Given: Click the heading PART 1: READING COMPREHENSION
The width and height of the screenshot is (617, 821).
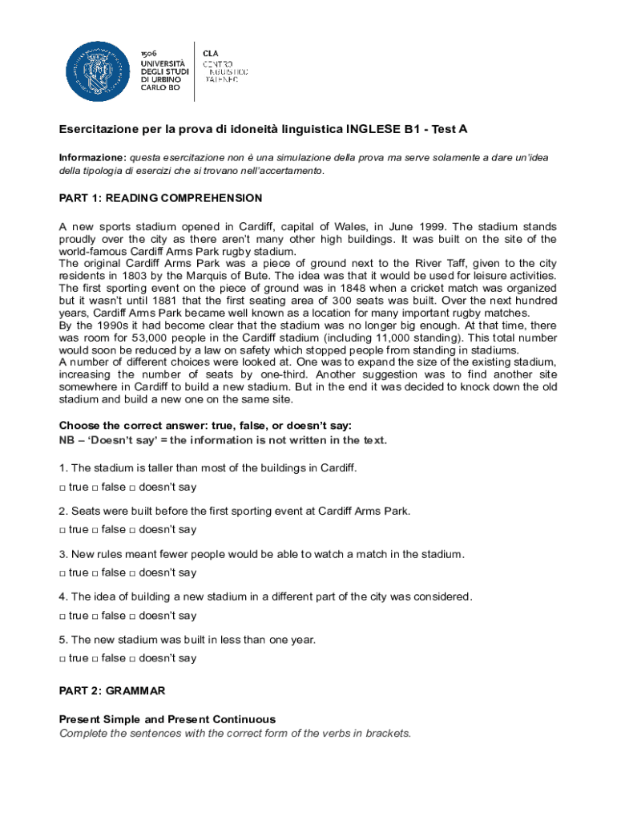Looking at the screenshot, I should [x=160, y=198].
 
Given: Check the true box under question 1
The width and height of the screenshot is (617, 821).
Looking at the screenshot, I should [x=63, y=487].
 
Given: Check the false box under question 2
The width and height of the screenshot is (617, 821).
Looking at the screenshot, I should [x=95, y=530].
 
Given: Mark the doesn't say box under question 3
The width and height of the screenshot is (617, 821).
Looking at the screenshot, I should [x=133, y=573].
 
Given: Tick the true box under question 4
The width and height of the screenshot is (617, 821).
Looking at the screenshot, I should [x=63, y=617].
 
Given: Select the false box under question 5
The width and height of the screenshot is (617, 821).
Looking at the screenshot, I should [x=95, y=659].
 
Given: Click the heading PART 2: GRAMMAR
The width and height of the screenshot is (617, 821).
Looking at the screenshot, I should [x=112, y=690].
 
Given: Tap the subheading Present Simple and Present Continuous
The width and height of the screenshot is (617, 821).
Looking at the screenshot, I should [x=167, y=719].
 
